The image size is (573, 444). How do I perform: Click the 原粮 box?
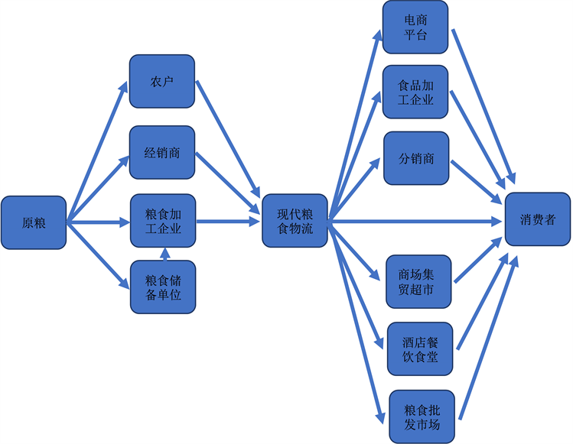(34, 222)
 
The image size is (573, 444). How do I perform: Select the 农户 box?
(162, 81)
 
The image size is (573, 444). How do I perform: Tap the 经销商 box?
(162, 152)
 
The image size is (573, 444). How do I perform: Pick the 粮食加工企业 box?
(162, 221)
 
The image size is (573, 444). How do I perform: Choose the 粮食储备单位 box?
(162, 287)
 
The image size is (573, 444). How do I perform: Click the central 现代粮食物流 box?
(295, 221)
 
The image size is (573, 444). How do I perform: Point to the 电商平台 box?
(415, 28)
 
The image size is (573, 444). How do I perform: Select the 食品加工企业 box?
(415, 92)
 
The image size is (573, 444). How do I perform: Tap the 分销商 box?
(415, 158)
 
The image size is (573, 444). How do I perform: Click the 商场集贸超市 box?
(419, 281)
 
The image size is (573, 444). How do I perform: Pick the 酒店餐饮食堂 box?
(419, 348)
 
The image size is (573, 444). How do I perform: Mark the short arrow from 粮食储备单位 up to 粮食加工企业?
(163, 254)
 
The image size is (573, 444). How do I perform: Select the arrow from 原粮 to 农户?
(98, 152)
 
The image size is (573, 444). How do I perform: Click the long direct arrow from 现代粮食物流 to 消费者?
(413, 222)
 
